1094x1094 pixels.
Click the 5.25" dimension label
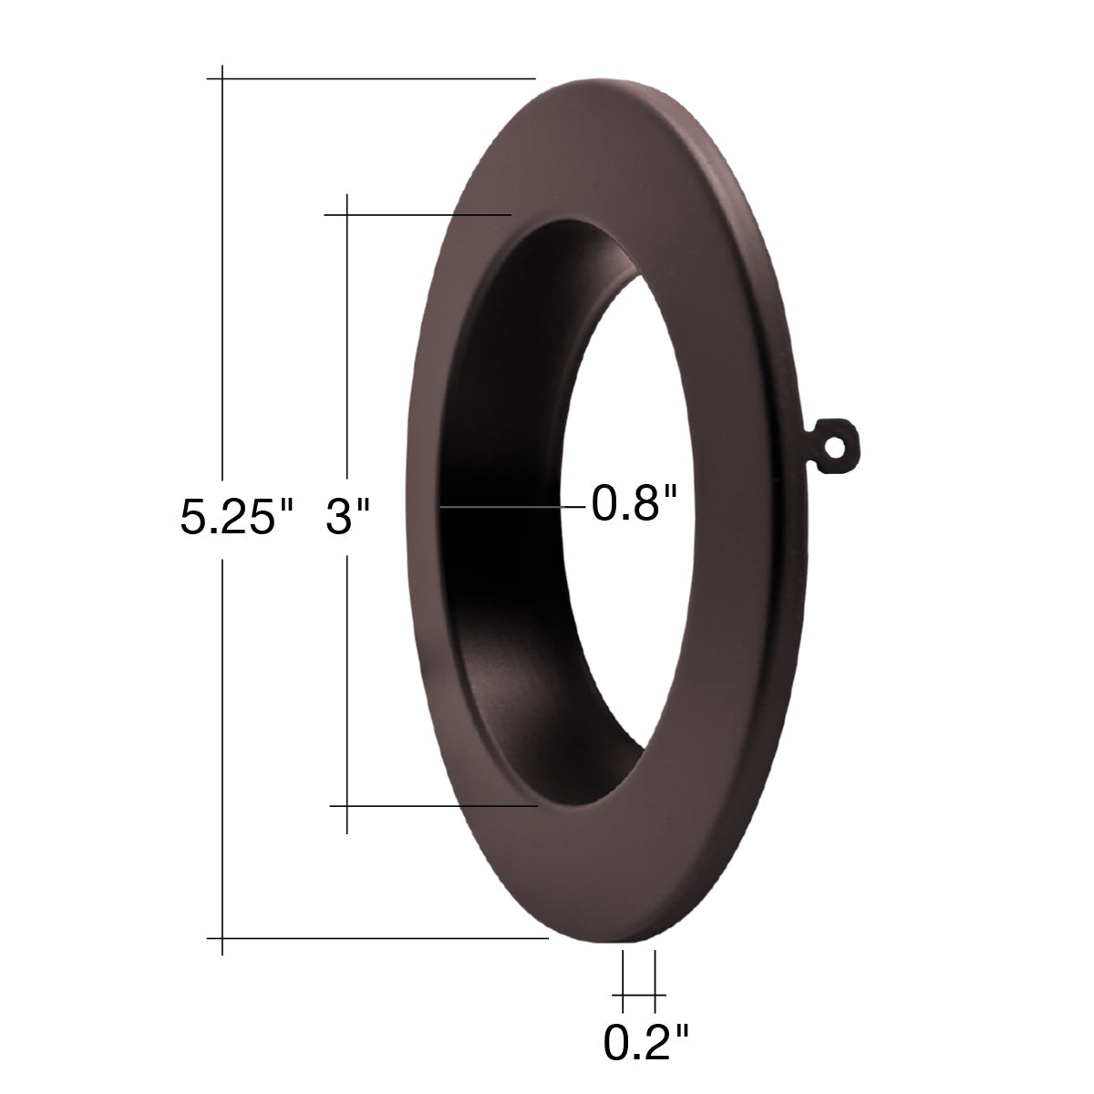point(236,517)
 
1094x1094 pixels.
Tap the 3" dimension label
point(347,517)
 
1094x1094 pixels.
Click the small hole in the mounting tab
point(832,448)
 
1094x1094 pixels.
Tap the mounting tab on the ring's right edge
point(833,447)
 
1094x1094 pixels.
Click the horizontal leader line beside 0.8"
point(512,506)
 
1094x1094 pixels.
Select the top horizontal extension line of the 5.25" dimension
point(371,78)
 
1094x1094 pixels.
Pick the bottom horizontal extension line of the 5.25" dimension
point(377,938)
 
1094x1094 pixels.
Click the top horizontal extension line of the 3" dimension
point(418,214)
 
